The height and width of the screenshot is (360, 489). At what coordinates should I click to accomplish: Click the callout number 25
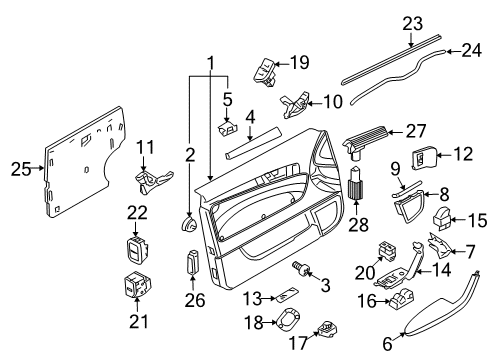pos(21,169)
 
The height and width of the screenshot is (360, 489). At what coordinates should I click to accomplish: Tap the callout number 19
pos(300,62)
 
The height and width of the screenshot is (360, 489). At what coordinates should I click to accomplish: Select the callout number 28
pos(359,224)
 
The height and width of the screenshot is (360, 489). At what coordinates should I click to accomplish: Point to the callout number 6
pos(387,344)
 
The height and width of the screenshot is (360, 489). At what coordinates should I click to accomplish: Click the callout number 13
pos(252,298)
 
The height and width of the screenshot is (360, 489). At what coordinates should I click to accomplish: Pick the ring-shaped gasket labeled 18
pos(287,320)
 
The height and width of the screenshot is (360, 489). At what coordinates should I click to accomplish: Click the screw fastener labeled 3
pos(301,269)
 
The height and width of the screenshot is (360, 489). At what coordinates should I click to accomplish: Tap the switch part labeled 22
pos(136,250)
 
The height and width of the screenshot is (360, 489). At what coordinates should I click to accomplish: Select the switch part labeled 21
pos(136,284)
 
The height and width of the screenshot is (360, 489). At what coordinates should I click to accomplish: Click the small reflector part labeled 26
pos(193,262)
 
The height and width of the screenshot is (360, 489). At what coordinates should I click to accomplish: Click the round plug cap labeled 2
pos(189,223)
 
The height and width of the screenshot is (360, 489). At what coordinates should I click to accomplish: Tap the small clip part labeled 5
pos(229,128)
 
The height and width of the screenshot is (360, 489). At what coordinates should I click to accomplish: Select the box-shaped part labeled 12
pos(424,158)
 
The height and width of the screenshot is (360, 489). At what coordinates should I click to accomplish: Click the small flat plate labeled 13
pos(286,294)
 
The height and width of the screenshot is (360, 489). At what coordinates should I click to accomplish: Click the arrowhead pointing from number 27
pos(392,132)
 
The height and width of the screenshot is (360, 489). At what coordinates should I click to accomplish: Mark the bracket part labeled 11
pos(153,182)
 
